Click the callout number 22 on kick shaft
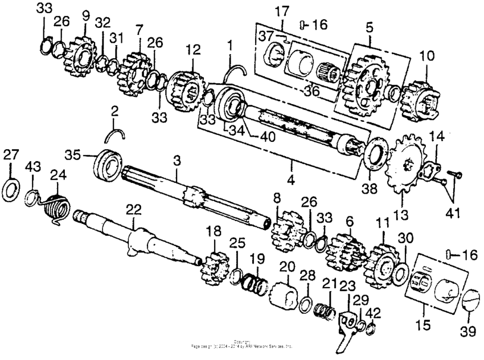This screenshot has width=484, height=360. click(133, 210)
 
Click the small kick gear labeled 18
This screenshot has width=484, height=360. click(215, 267)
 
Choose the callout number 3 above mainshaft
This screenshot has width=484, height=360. click(177, 162)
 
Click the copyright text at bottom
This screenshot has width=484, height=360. click(243, 344)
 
